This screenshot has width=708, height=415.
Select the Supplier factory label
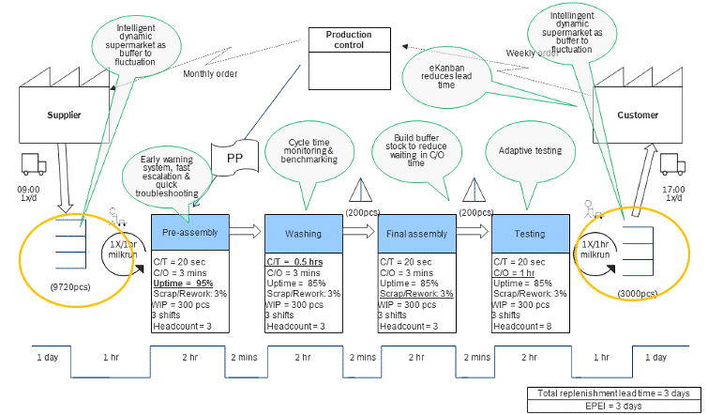[x=64, y=115]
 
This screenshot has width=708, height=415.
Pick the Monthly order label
[x=210, y=74]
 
